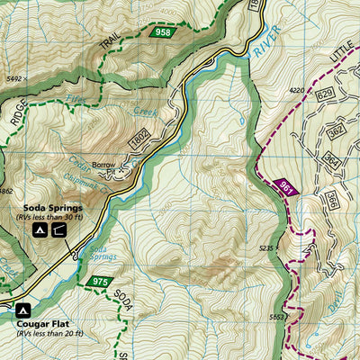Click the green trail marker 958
tap(162, 32)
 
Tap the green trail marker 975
tap(99, 283)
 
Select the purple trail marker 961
tap(287, 187)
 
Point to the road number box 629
tap(325, 94)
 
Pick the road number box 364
tap(330, 162)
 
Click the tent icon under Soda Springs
tap(41, 230)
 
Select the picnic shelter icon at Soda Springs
tap(60, 230)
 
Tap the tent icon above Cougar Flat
tap(23, 310)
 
